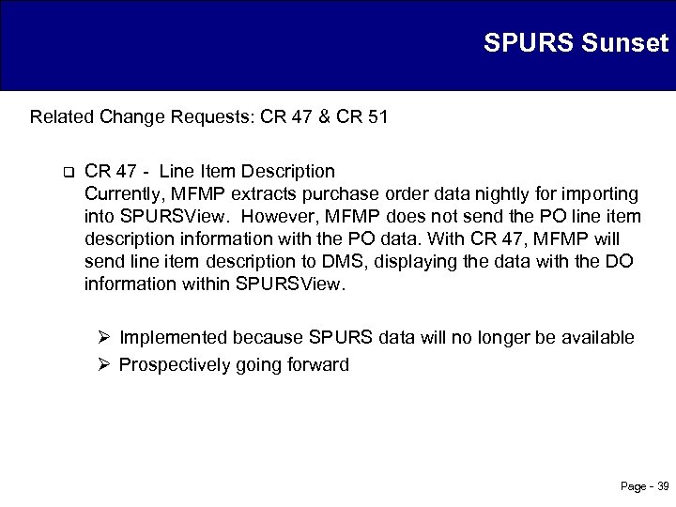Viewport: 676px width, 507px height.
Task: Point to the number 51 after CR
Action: pyautogui.click(x=377, y=117)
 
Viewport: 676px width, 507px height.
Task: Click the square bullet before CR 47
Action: pyautogui.click(x=68, y=172)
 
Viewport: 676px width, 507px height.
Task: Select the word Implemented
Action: pyautogui.click(x=175, y=337)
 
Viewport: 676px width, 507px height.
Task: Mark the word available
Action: pyautogui.click(x=599, y=337)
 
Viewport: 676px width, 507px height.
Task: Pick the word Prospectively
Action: pyautogui.click(x=177, y=364)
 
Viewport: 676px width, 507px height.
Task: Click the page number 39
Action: pyautogui.click(x=662, y=486)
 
